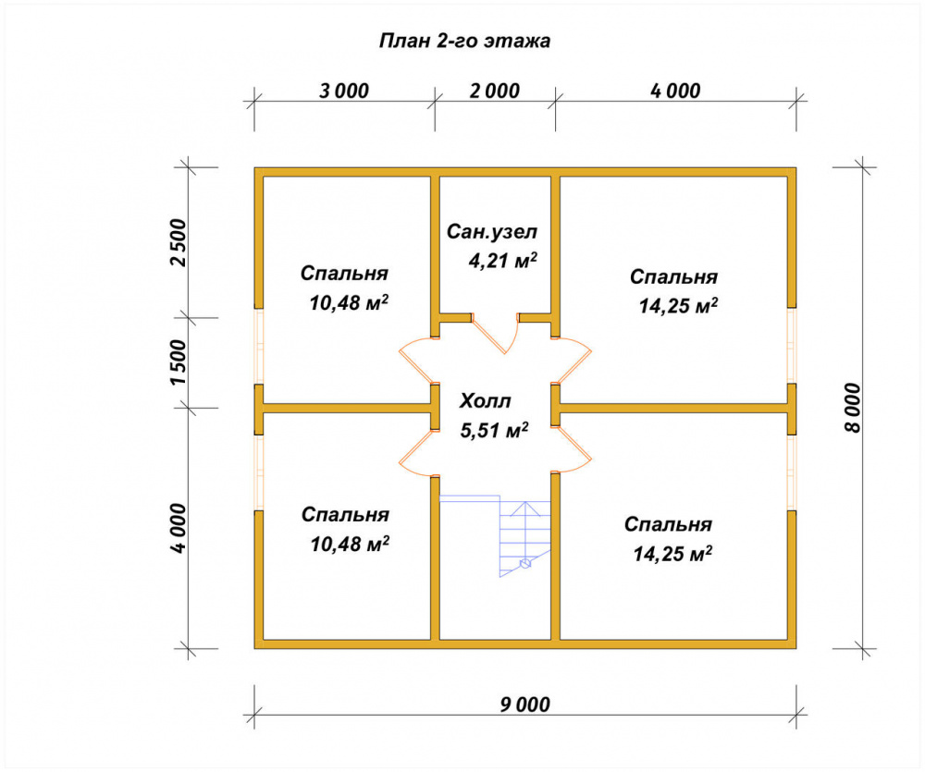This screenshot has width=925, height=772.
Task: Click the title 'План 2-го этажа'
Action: click(464, 41)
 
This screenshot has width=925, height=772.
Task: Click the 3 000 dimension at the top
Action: click(344, 91)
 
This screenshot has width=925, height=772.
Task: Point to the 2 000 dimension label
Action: click(494, 91)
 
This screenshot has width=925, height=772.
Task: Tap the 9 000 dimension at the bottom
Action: click(525, 705)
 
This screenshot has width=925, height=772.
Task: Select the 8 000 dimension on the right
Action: click(853, 408)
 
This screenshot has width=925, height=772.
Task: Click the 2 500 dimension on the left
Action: click(178, 242)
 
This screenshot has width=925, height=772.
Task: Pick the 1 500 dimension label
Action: click(178, 362)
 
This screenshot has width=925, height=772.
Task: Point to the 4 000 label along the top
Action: click(675, 91)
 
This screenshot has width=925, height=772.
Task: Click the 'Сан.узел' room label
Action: click(492, 232)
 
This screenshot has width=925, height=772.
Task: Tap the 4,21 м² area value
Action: click(502, 260)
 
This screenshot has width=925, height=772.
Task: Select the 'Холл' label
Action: click(485, 401)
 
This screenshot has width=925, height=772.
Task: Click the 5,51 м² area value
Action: click(494, 430)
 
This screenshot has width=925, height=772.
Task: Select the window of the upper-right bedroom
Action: click(792, 346)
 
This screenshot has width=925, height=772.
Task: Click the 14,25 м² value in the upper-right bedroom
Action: click(678, 306)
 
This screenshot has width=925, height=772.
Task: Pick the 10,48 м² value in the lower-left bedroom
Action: click(350, 544)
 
